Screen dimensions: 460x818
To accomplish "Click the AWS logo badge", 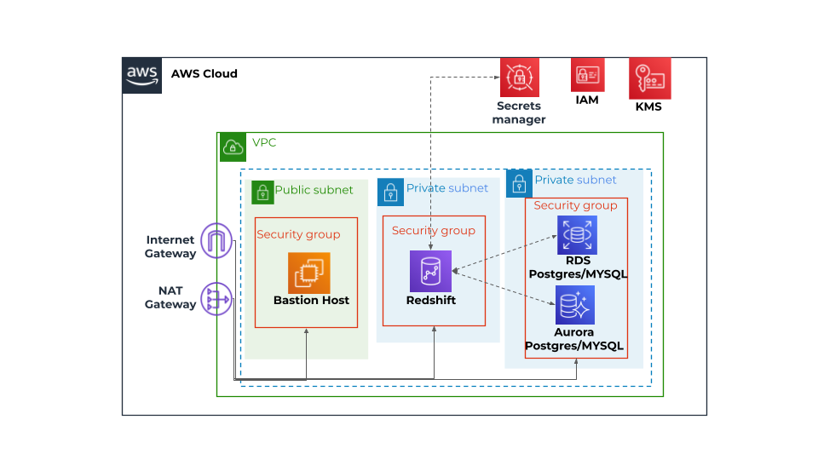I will tap(141, 75).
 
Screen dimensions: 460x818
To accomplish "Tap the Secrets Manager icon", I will tap(518, 78).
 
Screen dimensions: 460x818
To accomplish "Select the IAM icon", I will tap(587, 75).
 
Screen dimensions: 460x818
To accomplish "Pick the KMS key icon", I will tap(650, 78).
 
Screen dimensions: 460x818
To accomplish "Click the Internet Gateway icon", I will tap(216, 242).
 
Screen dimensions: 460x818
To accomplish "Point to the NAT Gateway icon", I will tap(216, 299).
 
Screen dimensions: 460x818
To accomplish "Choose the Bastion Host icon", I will tap(308, 273).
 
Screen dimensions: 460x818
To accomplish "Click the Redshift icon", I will tap(430, 272).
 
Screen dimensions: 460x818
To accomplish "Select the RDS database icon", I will tap(577, 235).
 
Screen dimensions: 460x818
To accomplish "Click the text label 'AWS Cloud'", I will tap(204, 74).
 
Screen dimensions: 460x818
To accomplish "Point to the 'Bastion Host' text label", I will tap(311, 301).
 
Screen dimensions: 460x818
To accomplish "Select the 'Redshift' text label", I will tap(431, 301).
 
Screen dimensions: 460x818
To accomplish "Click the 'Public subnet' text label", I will tap(314, 190).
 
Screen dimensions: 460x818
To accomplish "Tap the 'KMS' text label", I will tap(648, 107).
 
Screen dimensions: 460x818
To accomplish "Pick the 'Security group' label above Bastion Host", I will tap(298, 235).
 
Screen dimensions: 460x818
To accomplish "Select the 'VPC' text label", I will tap(264, 143).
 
